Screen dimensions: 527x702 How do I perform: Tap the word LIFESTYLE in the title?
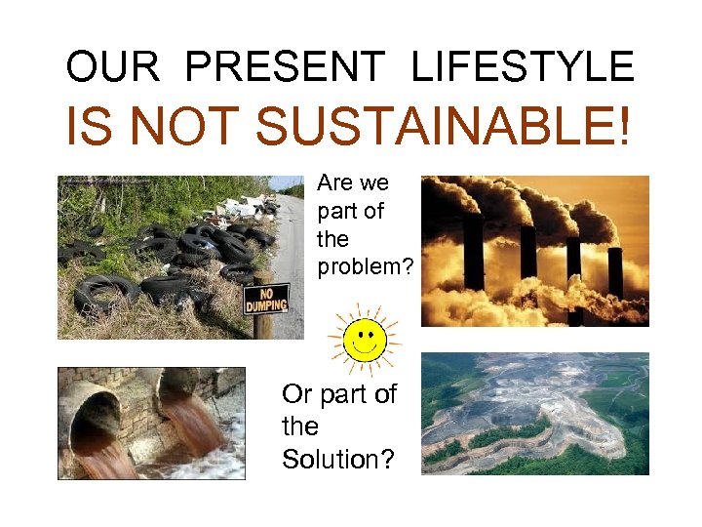pos(523,66)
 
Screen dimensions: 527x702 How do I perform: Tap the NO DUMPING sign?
pos(265,296)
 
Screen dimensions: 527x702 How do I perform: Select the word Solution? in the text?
pos(338,458)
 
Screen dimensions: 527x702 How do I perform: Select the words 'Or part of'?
pos(339,394)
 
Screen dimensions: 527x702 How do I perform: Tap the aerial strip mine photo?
pos(534,414)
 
